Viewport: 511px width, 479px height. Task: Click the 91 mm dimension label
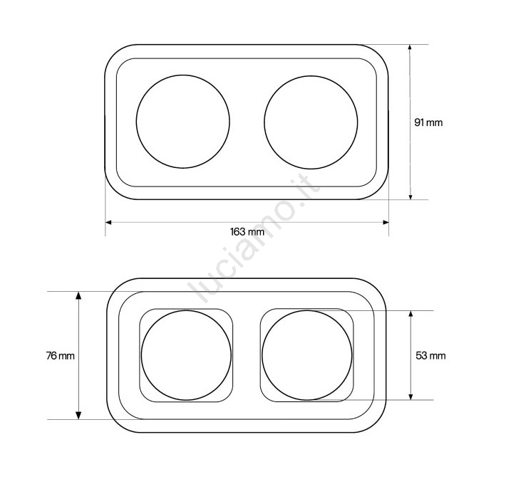click(428, 122)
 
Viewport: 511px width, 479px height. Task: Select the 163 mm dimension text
click(247, 232)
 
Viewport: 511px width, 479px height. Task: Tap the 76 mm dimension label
click(61, 356)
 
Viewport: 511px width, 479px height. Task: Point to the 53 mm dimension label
click(430, 355)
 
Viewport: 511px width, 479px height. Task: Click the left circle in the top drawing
click(136, 122)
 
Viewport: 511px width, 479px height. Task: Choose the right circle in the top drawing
click(264, 122)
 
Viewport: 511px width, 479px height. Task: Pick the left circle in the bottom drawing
click(141, 355)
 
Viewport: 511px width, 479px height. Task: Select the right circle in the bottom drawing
click(262, 355)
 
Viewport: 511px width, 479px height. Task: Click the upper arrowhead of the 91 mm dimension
click(411, 48)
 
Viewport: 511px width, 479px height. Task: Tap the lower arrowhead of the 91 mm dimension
click(411, 196)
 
